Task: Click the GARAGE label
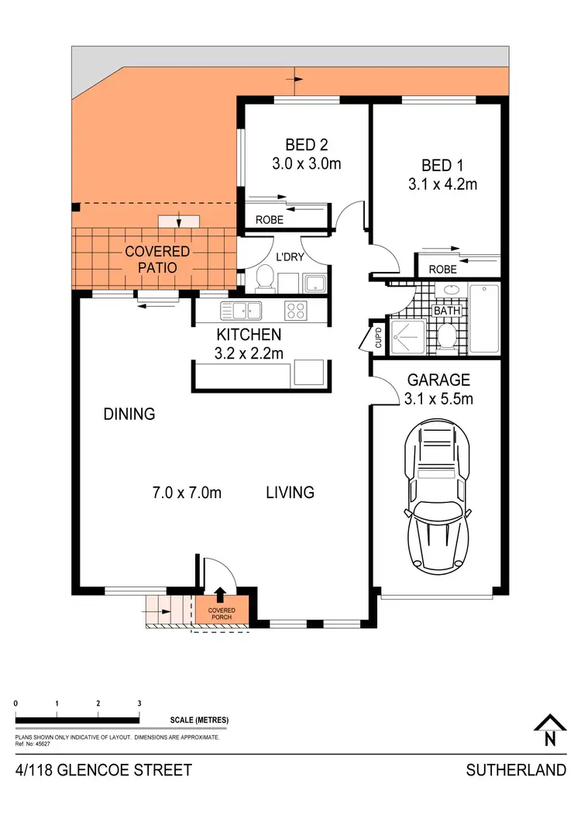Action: click(438, 380)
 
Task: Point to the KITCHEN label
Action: click(248, 335)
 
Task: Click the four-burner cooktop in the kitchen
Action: click(295, 311)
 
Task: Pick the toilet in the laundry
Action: click(263, 277)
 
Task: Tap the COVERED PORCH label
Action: click(222, 614)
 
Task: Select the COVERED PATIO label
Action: click(157, 260)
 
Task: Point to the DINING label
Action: click(129, 414)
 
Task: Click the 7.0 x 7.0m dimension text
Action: click(187, 493)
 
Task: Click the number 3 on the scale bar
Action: click(139, 703)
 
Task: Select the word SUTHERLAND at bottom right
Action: click(515, 771)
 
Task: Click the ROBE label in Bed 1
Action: click(442, 270)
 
